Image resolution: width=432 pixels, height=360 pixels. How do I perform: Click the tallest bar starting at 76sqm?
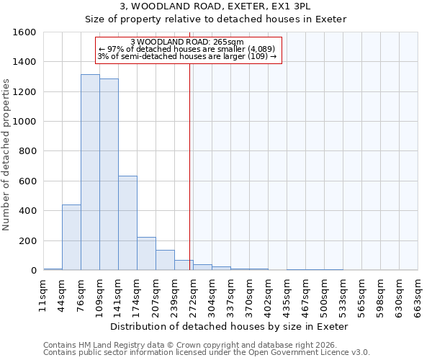pyautogui.click(x=90, y=173)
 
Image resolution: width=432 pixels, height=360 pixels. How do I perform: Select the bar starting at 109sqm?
pyautogui.click(x=109, y=175)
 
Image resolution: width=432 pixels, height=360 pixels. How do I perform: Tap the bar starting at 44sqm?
pyautogui.click(x=71, y=238)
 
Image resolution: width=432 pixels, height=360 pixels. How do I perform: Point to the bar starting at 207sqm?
pyautogui.click(x=165, y=260)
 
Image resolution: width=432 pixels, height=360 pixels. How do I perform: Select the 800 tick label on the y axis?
pyautogui.click(x=27, y=152)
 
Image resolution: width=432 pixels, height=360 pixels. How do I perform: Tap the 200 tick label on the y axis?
pyautogui.click(x=27, y=241)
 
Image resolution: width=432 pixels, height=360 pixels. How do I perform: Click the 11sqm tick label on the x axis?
pyautogui.click(x=43, y=295)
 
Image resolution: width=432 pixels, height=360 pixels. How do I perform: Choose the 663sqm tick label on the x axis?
pyautogui.click(x=418, y=295)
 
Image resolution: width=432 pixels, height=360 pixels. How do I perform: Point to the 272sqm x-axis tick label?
pyautogui.click(x=193, y=295)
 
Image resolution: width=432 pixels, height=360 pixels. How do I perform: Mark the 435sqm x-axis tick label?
pyautogui.click(x=287, y=295)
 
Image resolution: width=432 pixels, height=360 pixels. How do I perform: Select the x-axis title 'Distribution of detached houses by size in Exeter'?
pyautogui.click(x=230, y=326)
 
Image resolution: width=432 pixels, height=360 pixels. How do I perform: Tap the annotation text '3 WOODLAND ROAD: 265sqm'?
pyautogui.click(x=188, y=42)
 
